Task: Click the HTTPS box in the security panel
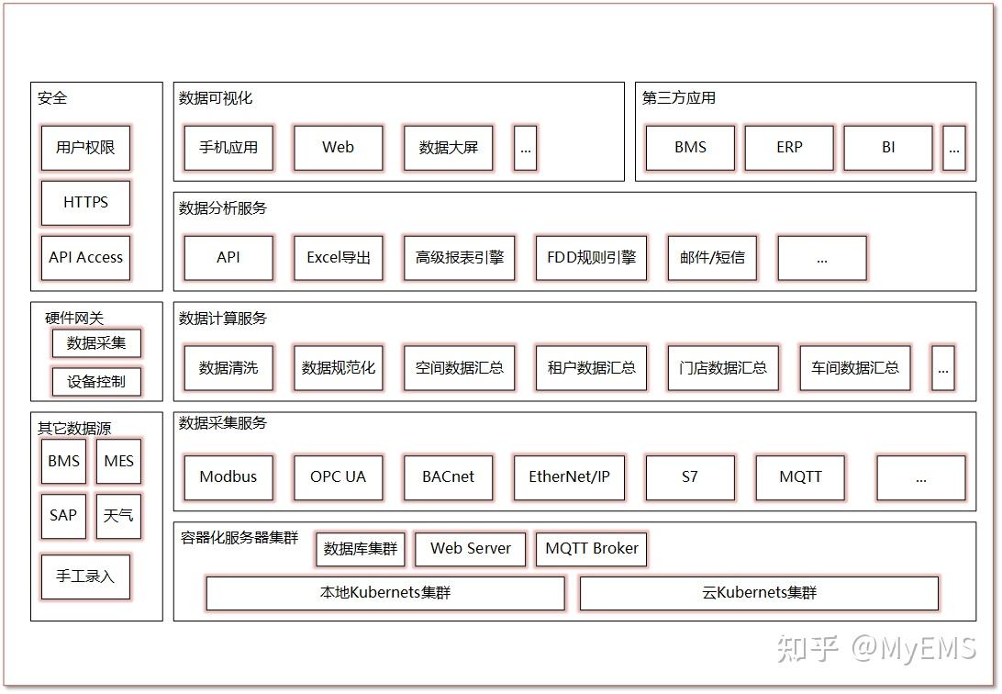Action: click(x=85, y=203)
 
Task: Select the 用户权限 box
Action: click(x=85, y=148)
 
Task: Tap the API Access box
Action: click(x=85, y=258)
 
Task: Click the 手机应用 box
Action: click(x=228, y=148)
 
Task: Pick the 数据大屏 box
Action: click(x=449, y=148)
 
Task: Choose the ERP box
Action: click(x=789, y=148)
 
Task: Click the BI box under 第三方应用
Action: click(x=888, y=148)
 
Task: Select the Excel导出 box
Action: click(x=339, y=258)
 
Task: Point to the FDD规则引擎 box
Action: click(x=591, y=258)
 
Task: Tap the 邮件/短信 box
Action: click(x=712, y=258)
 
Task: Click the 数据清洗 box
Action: click(x=228, y=368)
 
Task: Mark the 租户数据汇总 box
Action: click(x=591, y=368)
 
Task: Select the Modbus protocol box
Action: click(x=228, y=477)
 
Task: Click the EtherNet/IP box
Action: click(x=569, y=477)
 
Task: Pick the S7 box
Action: click(x=690, y=477)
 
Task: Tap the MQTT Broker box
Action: click(x=592, y=549)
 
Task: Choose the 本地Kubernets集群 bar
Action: click(x=385, y=593)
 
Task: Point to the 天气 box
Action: click(x=118, y=516)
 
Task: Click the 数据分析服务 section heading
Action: click(x=223, y=208)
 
